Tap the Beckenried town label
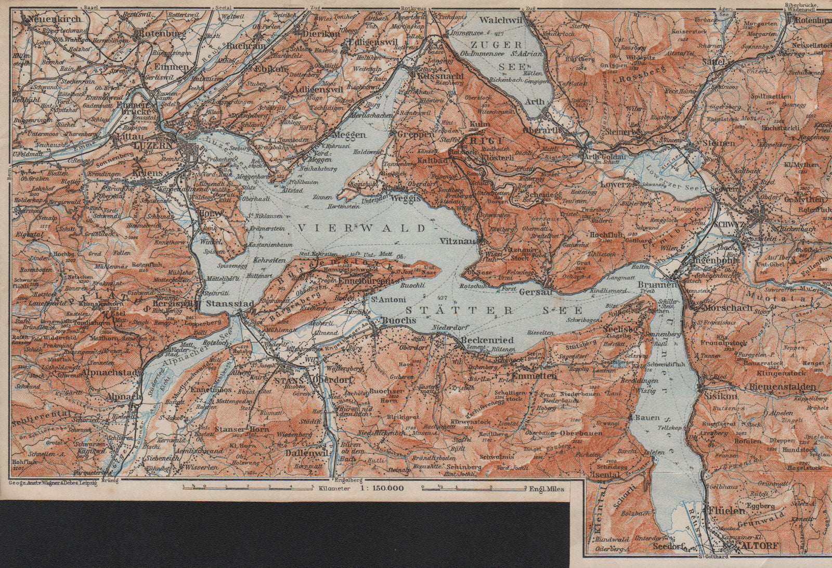click(487, 340)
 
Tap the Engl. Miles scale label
click(547, 488)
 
